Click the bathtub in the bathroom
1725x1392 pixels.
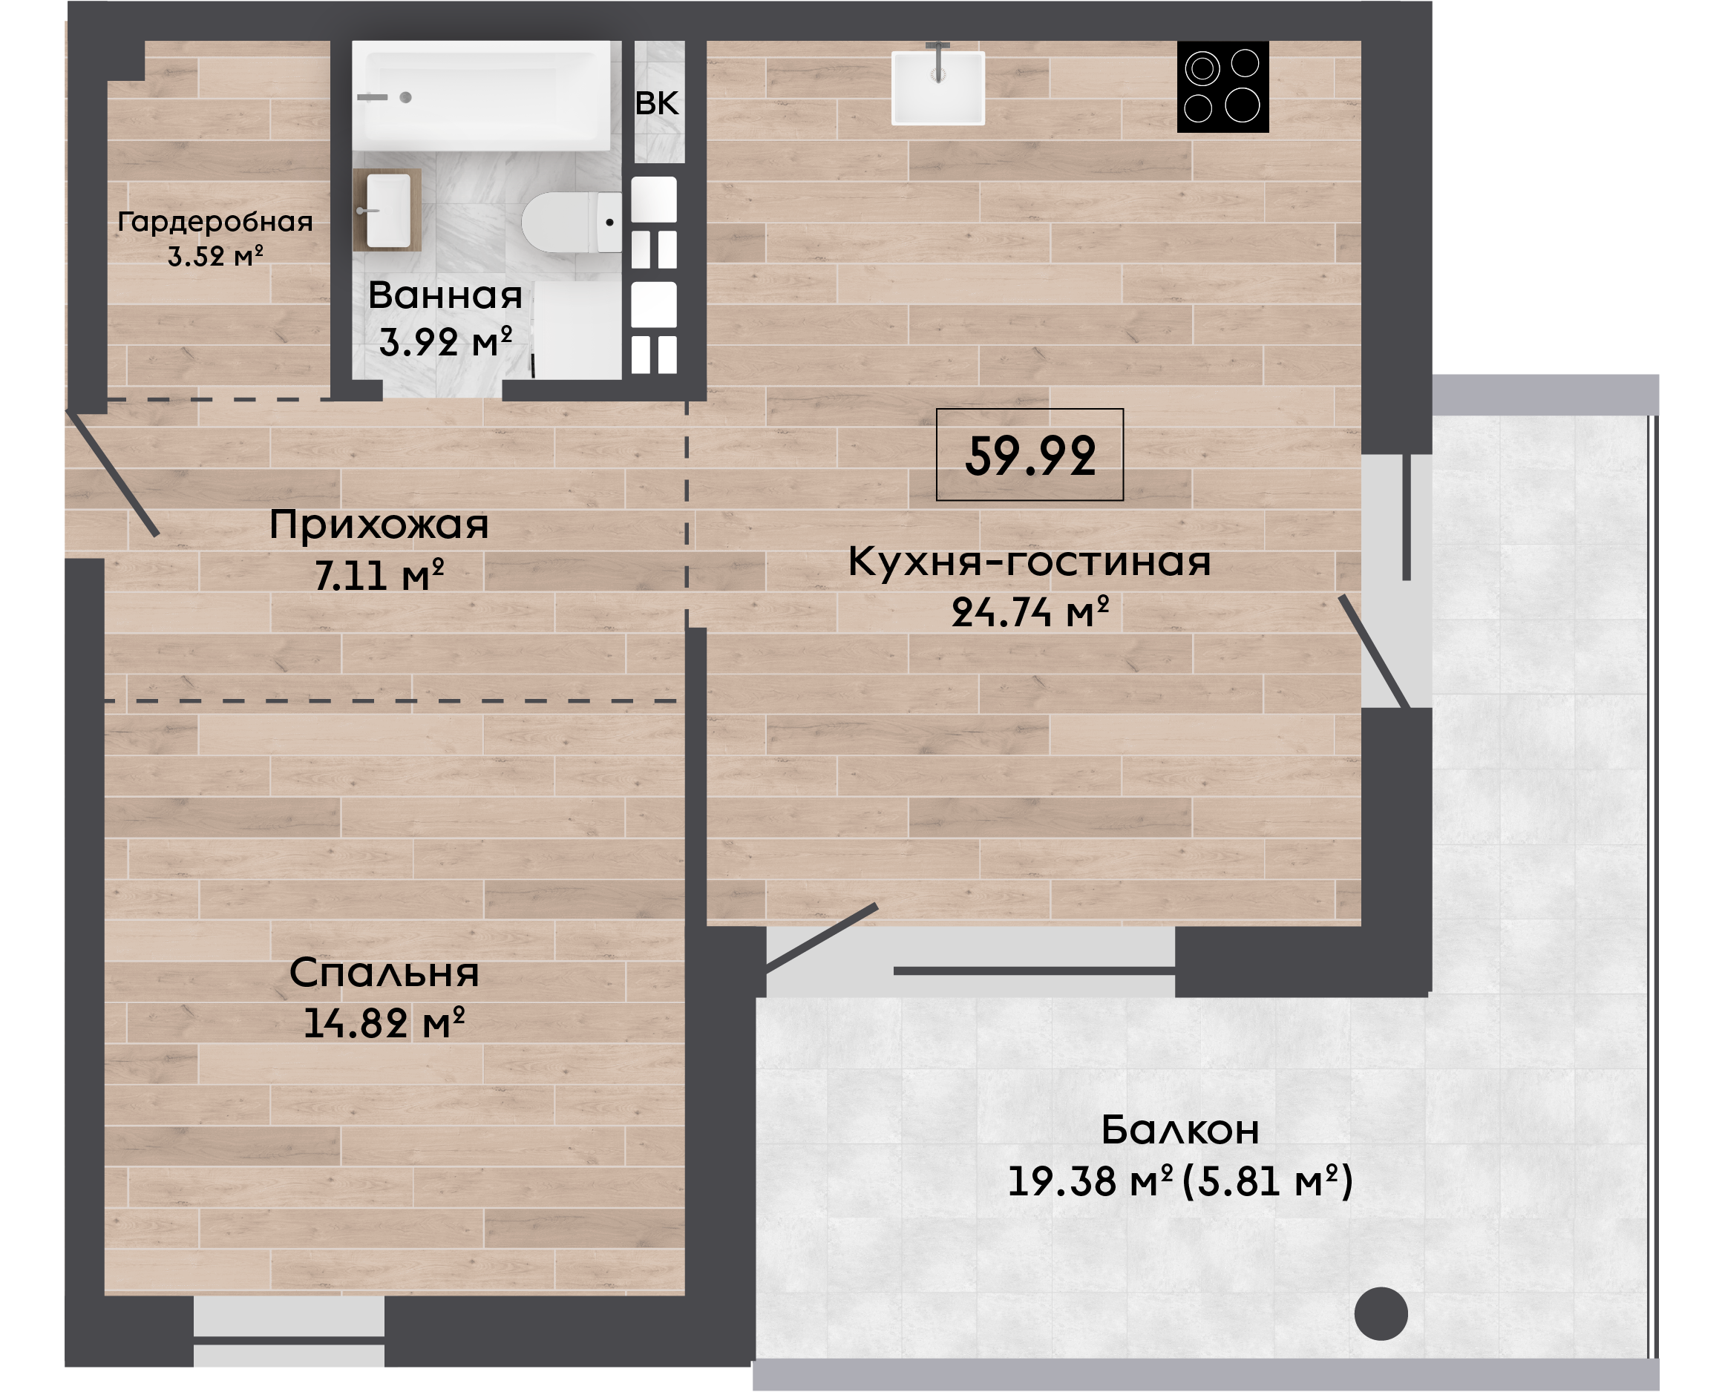point(481,96)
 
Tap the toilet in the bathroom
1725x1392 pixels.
point(572,222)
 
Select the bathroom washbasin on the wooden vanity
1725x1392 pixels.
point(388,210)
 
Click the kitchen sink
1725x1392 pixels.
point(938,87)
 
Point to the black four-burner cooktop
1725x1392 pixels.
point(1223,87)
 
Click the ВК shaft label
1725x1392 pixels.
point(657,103)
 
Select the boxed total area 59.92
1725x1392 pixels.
point(1030,456)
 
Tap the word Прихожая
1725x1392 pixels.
point(379,525)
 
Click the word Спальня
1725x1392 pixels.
point(384,974)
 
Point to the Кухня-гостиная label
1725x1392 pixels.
point(1030,561)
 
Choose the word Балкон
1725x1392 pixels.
point(1179,1131)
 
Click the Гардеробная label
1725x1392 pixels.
point(215,222)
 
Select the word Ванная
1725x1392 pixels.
point(445,296)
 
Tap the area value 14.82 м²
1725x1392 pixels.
point(384,1023)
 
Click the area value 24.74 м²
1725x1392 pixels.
point(1030,612)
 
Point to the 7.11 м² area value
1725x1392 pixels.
point(379,575)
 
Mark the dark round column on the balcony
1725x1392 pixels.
point(1381,1313)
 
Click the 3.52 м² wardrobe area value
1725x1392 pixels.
point(215,257)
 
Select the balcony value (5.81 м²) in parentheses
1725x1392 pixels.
point(1269,1181)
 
